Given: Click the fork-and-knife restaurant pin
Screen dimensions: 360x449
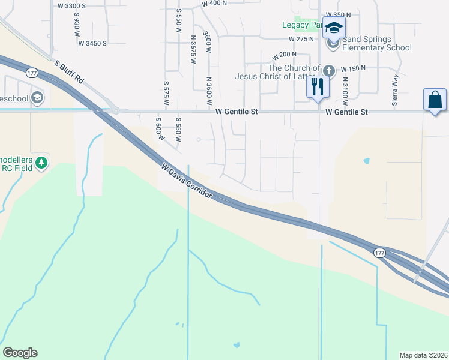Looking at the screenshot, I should coord(318,87).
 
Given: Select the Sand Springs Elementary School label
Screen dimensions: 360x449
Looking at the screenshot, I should coord(377,44).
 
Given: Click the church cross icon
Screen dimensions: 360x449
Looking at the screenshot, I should coord(328,70).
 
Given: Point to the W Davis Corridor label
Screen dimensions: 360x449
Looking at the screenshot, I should coord(186,180).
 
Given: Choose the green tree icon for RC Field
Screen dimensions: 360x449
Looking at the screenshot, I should coord(41,163).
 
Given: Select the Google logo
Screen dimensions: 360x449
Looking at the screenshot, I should coord(20,353).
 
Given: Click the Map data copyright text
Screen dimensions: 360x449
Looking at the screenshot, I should coord(424,355).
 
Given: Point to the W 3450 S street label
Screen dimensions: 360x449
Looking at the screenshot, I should coord(88,43).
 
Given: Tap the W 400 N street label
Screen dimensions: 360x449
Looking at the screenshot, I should coord(214,3).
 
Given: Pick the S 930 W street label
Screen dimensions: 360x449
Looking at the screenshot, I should coord(77,28).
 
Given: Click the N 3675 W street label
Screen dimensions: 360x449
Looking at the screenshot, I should coord(193,45).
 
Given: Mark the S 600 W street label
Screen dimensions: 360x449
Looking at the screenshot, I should coord(159,128).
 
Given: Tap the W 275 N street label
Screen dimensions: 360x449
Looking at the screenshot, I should coord(301,39).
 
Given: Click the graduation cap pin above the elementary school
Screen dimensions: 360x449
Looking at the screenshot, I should coord(334,28).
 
